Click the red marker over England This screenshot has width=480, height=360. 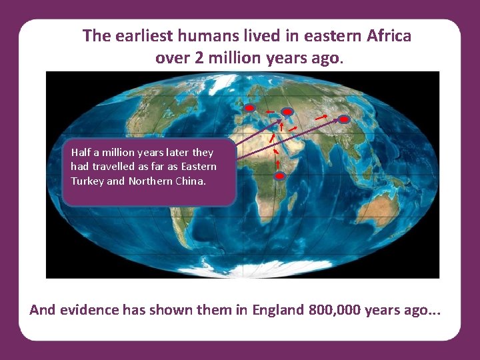pyautogui.click(x=249, y=107)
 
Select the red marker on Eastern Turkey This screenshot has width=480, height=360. pyautogui.click(x=287, y=111)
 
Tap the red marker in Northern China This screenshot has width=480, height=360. pyautogui.click(x=344, y=119)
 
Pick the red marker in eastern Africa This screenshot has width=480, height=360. pyautogui.click(x=280, y=176)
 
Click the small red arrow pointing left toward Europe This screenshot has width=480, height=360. pyautogui.click(x=269, y=111)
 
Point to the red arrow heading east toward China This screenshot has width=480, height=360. pyautogui.click(x=321, y=117)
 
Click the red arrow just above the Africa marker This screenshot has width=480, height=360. pyautogui.click(x=277, y=163)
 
